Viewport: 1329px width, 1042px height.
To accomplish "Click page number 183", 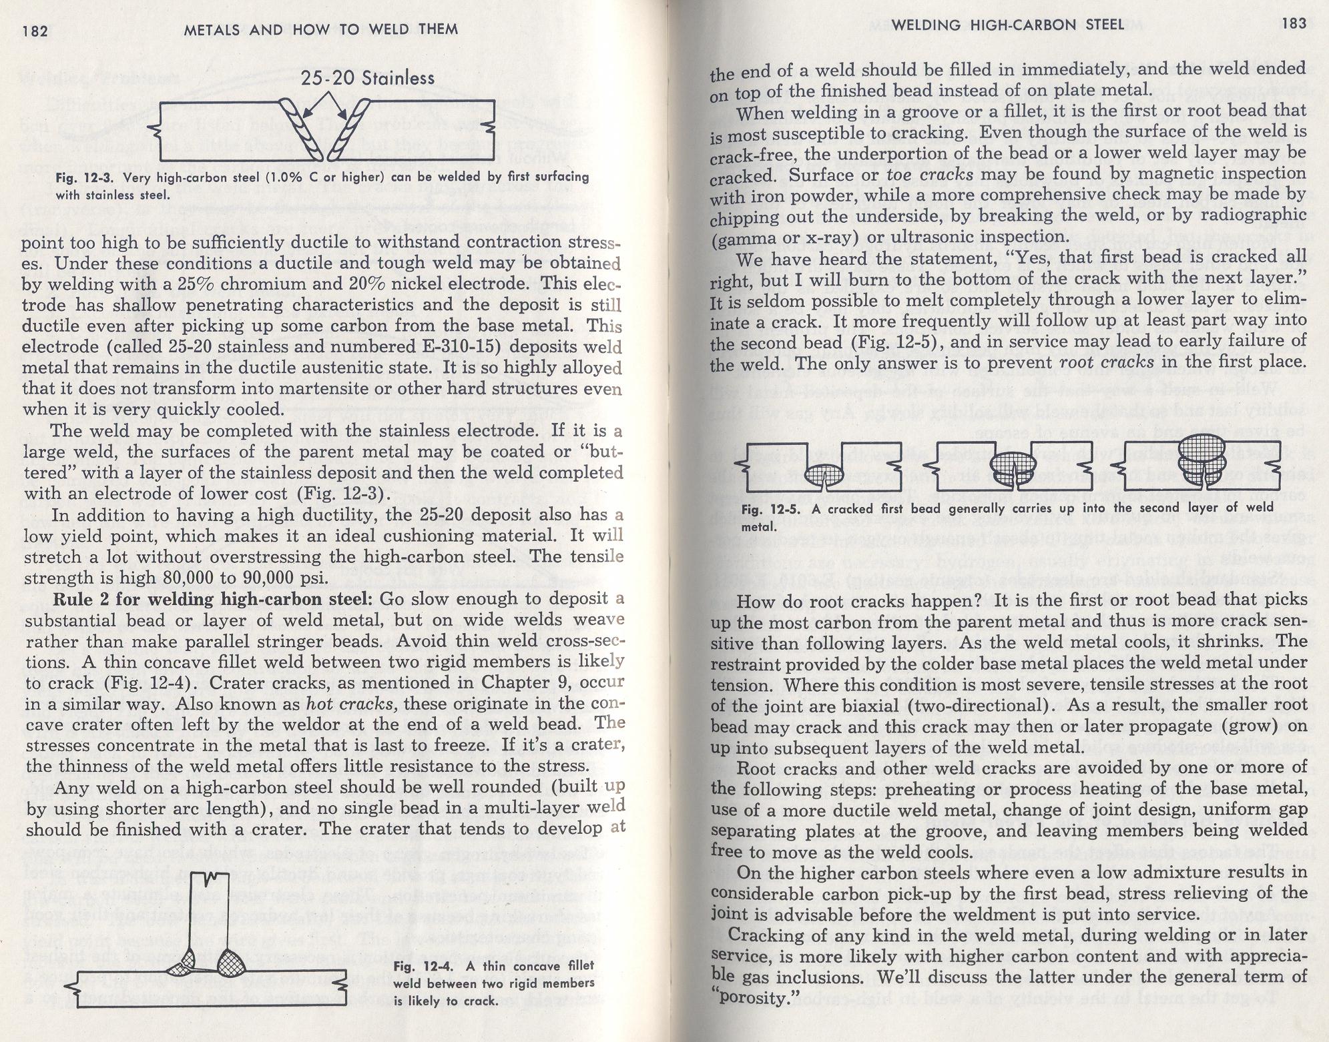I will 1293,24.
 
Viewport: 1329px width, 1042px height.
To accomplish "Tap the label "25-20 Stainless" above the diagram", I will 368,79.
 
